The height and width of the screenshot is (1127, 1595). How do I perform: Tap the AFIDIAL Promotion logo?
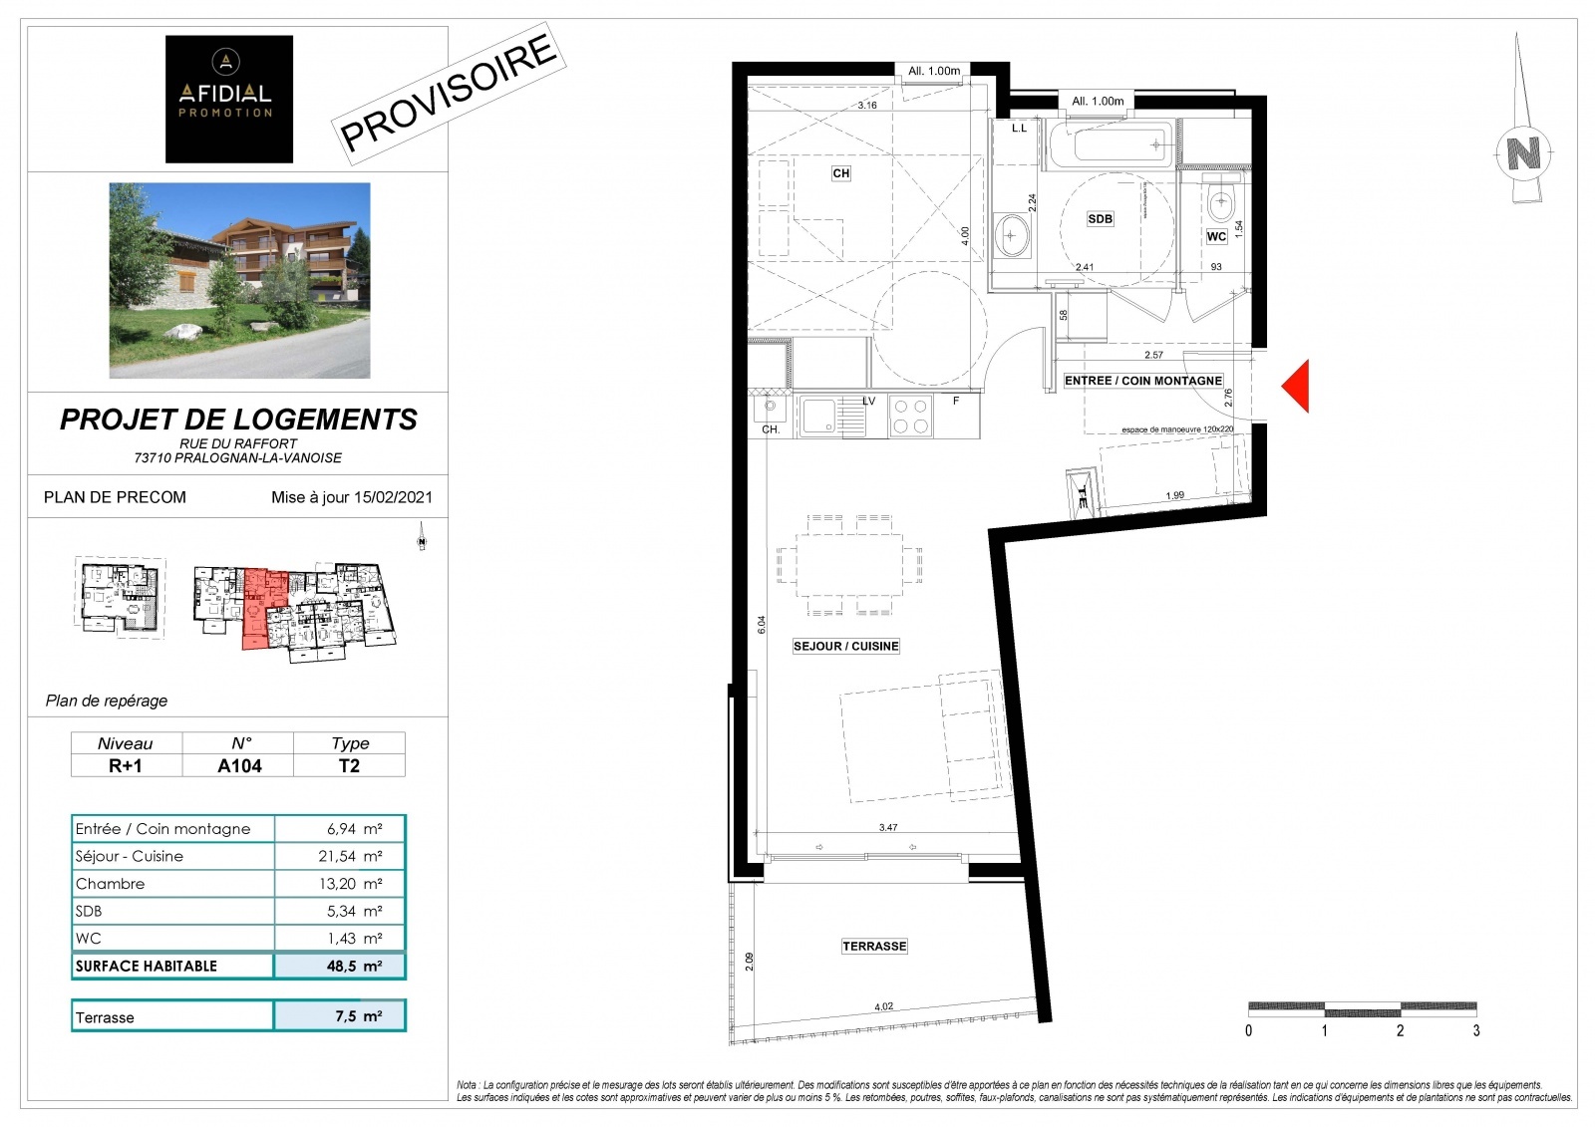click(229, 99)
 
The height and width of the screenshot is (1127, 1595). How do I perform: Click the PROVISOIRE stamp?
click(449, 93)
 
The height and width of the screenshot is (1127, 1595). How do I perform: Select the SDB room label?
click(1100, 219)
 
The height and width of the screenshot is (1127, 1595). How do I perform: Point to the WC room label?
click(1216, 237)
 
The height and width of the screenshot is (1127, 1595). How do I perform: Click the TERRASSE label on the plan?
click(874, 946)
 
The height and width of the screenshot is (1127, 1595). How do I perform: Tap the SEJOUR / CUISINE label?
click(845, 646)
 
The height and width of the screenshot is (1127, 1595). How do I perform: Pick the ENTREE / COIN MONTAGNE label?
click(1142, 381)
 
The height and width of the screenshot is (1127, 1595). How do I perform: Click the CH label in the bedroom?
click(841, 173)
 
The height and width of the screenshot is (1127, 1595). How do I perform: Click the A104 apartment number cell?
click(239, 765)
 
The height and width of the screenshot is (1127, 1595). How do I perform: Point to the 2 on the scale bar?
click(1400, 1030)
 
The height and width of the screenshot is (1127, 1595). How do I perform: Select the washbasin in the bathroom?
click(1012, 235)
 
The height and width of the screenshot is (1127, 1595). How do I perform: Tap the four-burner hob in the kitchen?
click(910, 416)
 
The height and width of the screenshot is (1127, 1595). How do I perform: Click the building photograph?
click(239, 280)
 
